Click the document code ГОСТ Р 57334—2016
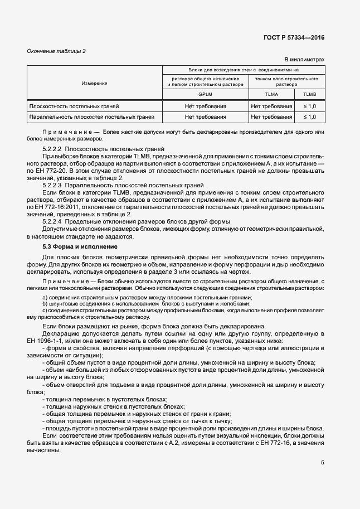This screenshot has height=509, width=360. pyautogui.click(x=294, y=38)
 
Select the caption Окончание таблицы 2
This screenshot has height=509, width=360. pyautogui.click(x=57, y=51)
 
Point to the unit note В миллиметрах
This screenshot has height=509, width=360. pyautogui.click(x=304, y=59)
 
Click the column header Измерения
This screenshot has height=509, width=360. pyautogui.click(x=94, y=83)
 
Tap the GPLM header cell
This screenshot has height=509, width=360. pyautogui.click(x=205, y=95)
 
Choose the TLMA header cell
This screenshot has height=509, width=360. pyautogui.click(x=271, y=95)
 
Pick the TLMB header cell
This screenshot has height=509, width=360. pyautogui.click(x=309, y=95)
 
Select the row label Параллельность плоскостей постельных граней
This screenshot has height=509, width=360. pyautogui.click(x=87, y=117)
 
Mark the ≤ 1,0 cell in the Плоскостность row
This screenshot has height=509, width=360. pyautogui.click(x=309, y=106)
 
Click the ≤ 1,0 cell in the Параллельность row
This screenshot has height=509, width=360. pyautogui.click(x=309, y=117)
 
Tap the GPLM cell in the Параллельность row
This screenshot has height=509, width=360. pyautogui.click(x=205, y=117)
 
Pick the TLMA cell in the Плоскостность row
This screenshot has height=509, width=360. pyautogui.click(x=271, y=106)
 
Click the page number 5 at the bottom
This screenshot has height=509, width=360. pyautogui.click(x=322, y=462)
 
